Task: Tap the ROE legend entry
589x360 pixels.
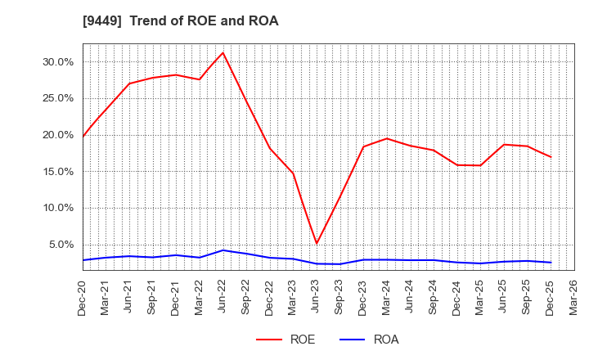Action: pos(286,340)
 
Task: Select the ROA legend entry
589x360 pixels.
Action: pos(369,340)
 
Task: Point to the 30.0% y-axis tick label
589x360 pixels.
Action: pos(57,61)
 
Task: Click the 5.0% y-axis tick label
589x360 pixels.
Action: pos(61,245)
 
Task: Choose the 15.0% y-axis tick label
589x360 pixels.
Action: pos(57,171)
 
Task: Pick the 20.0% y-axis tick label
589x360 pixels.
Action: pos(57,135)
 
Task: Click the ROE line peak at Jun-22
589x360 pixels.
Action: pos(223,52)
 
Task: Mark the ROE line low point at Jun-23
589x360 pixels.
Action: pos(317,243)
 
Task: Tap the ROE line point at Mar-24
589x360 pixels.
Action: pos(387,138)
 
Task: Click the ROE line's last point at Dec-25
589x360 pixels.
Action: pos(551,157)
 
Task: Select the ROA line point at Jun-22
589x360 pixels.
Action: pos(223,250)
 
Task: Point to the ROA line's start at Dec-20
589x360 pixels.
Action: pos(83,260)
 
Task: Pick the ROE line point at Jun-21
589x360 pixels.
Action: pos(129,83)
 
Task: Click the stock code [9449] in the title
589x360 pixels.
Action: pos(101,21)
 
